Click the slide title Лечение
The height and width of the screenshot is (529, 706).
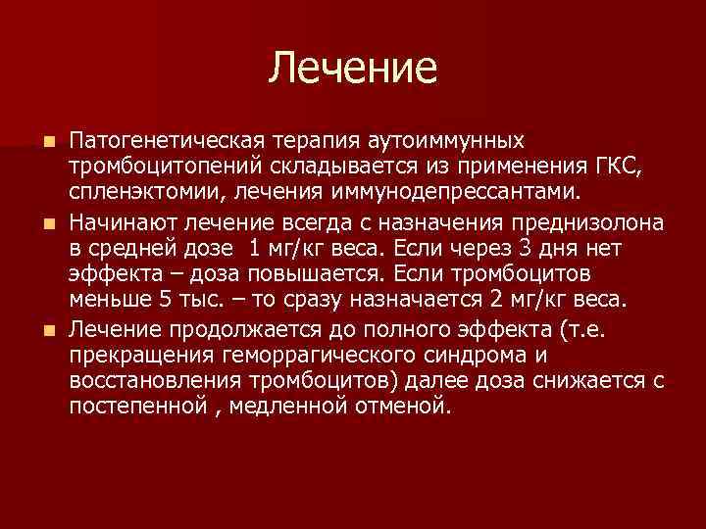point(353,68)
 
